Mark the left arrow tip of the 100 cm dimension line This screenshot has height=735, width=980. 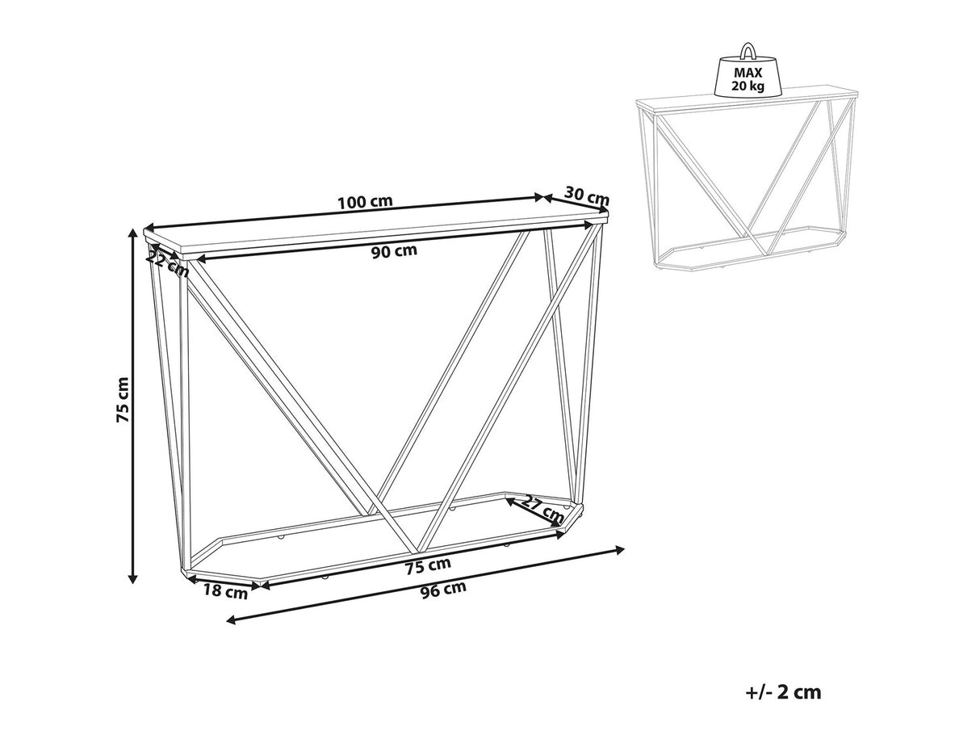(144, 227)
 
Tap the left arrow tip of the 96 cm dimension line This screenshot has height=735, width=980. (228, 620)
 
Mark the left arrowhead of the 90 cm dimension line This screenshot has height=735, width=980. (196, 259)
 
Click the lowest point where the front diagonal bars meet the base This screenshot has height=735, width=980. (412, 555)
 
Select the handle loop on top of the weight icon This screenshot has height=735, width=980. (748, 51)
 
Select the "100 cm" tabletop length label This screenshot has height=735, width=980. (365, 202)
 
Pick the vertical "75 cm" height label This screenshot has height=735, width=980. (122, 400)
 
